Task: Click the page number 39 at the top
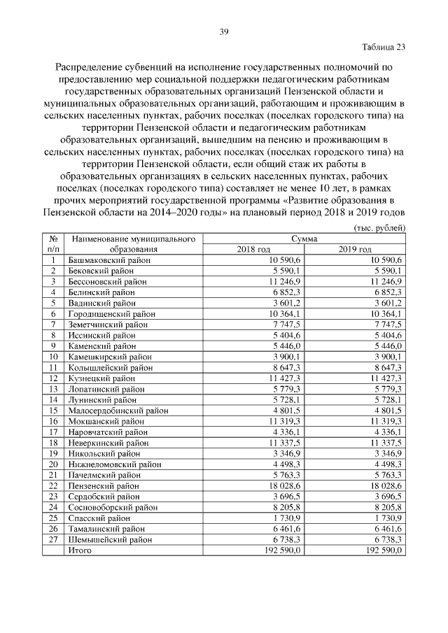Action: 224,31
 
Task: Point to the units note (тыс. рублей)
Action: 377,228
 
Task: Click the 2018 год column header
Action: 253,249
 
